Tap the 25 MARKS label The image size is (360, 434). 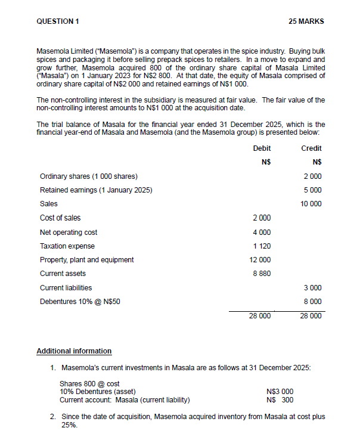pos(306,21)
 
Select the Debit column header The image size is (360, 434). pos(262,148)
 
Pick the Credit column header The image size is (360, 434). pos(311,148)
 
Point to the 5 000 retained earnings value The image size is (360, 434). pos(313,190)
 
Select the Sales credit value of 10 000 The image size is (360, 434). pos(311,204)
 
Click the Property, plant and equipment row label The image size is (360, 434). pos(86,260)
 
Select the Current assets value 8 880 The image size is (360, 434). pos(262,274)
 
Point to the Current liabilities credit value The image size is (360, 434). pos(313,287)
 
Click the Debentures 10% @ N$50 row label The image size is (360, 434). pos(80,302)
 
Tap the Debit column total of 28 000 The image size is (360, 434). pos(260,316)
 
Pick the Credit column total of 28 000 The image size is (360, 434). pos(311,316)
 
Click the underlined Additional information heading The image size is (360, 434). pos(74,351)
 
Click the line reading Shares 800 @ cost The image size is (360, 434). pos(89,384)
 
